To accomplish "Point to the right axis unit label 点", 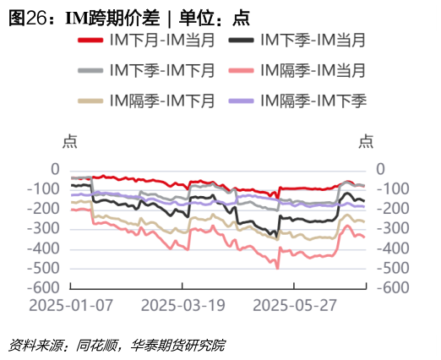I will pyautogui.click(x=367, y=142).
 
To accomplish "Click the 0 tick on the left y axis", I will pyautogui.click(x=56, y=169).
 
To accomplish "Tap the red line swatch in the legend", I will pyautogui.click(x=90, y=41).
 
